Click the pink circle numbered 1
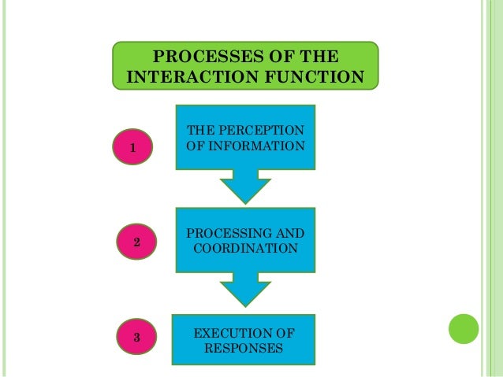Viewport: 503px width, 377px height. (x=133, y=146)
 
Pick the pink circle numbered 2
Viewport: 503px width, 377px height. (x=136, y=243)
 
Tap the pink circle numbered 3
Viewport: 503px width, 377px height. (x=136, y=338)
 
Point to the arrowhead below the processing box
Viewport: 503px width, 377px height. (x=244, y=291)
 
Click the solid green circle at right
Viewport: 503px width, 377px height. (x=464, y=328)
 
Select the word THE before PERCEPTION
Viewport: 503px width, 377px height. (x=199, y=129)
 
